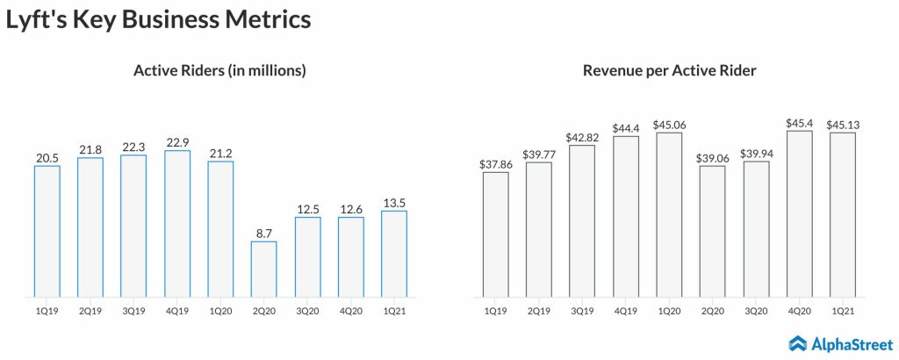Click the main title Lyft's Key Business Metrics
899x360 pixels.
159,20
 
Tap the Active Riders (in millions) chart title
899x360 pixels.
219,70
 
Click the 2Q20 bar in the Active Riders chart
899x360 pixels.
263,269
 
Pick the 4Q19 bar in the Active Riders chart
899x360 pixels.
177,223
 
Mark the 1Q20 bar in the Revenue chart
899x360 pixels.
669,214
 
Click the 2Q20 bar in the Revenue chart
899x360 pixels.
712,231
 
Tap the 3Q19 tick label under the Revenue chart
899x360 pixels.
582,310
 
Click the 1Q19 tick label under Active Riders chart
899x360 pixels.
47,310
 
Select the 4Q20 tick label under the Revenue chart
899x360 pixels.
799,310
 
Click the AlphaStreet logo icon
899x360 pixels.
797,343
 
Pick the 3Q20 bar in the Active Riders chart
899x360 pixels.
307,256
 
